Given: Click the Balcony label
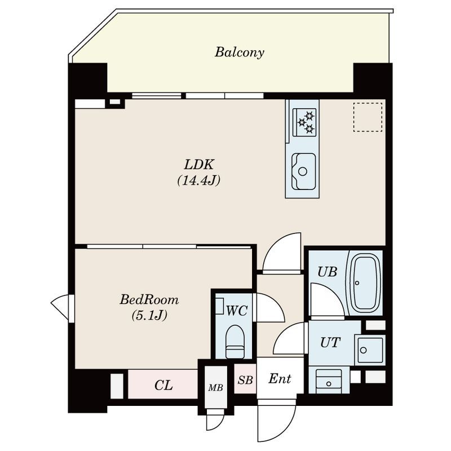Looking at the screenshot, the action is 239,52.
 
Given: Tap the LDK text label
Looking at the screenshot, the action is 199,165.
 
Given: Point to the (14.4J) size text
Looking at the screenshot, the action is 199,180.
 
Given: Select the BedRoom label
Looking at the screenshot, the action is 149,300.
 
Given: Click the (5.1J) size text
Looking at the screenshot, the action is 149,316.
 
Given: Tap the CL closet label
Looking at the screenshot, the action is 163,385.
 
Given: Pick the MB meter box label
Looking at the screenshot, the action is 216,388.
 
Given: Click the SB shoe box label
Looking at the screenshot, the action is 245,380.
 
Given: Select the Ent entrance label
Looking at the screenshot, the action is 280,378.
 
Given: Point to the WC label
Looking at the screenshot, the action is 237,311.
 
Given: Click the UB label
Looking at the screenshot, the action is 328,272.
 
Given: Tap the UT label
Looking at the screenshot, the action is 330,343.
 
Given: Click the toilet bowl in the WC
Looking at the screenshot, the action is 235,342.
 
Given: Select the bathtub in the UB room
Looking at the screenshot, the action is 365,284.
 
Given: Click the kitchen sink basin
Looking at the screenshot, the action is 303,171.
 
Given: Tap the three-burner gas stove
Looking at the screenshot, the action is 304,122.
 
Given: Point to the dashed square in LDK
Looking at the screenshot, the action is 368,117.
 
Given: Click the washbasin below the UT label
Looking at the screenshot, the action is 329,381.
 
